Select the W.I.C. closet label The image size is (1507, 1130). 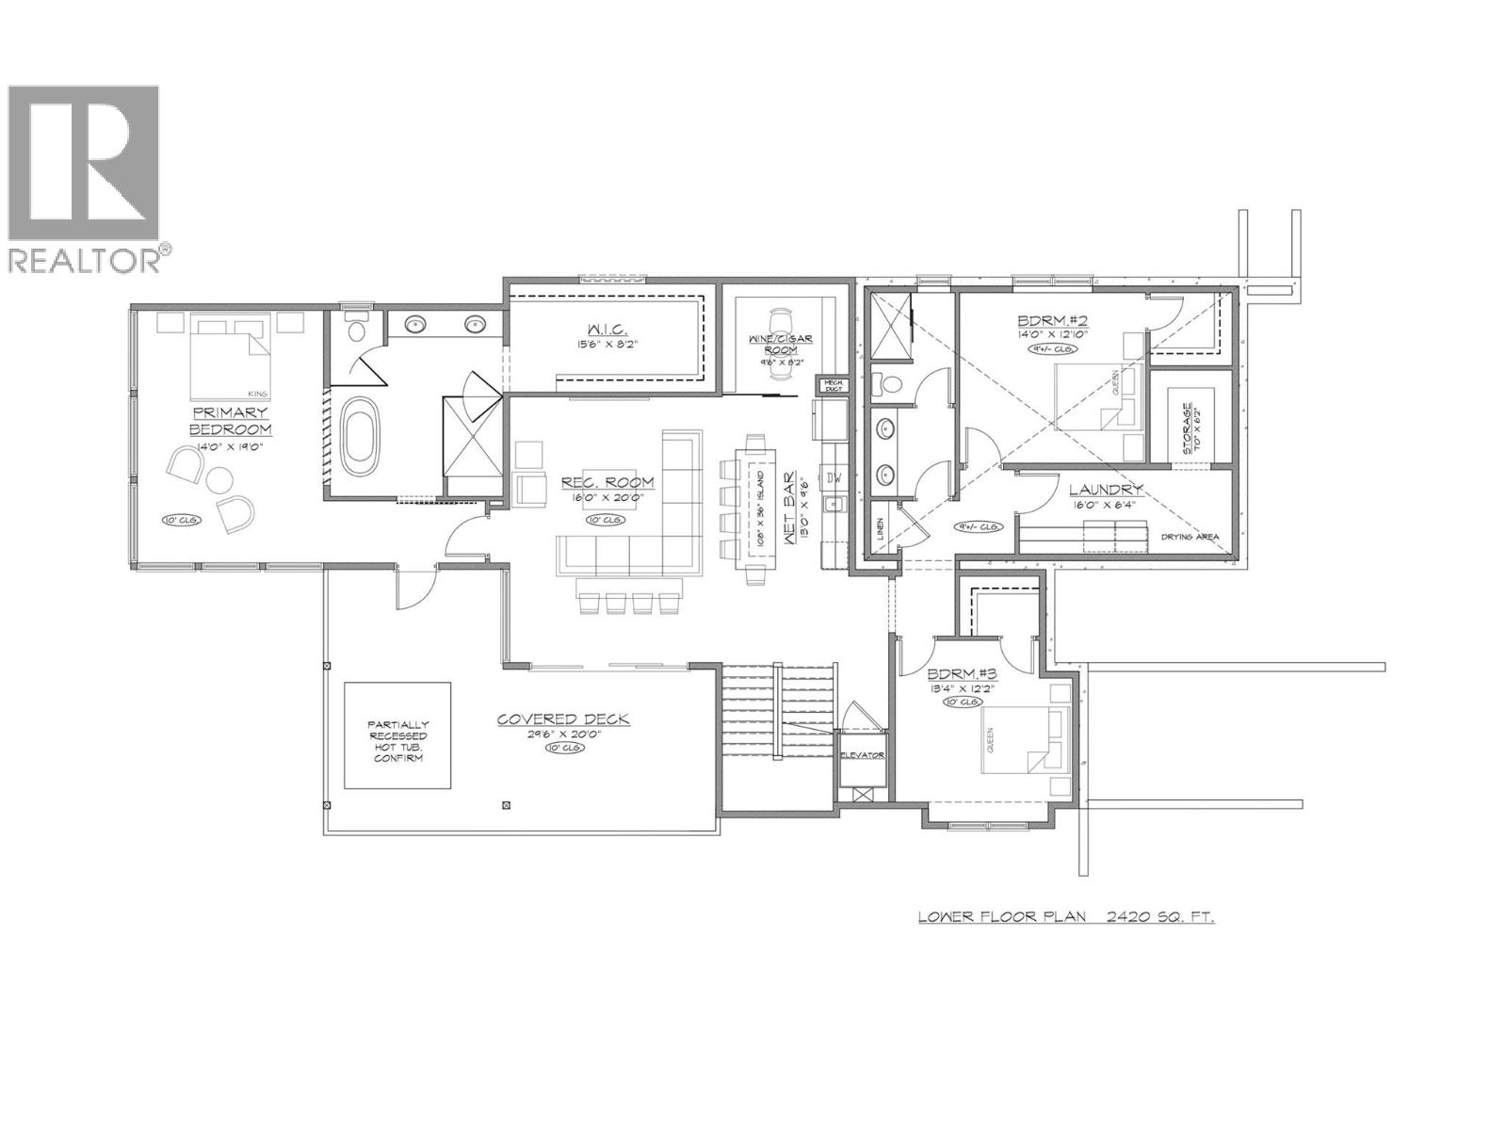[606, 331]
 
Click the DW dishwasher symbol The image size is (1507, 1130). [834, 477]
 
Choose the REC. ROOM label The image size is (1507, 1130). [608, 482]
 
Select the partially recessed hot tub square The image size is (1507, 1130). [396, 735]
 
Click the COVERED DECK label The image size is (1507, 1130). [563, 719]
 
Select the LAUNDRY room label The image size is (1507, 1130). [1106, 490]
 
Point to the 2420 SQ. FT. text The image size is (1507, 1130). [1153, 915]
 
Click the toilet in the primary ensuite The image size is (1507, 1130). [355, 331]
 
